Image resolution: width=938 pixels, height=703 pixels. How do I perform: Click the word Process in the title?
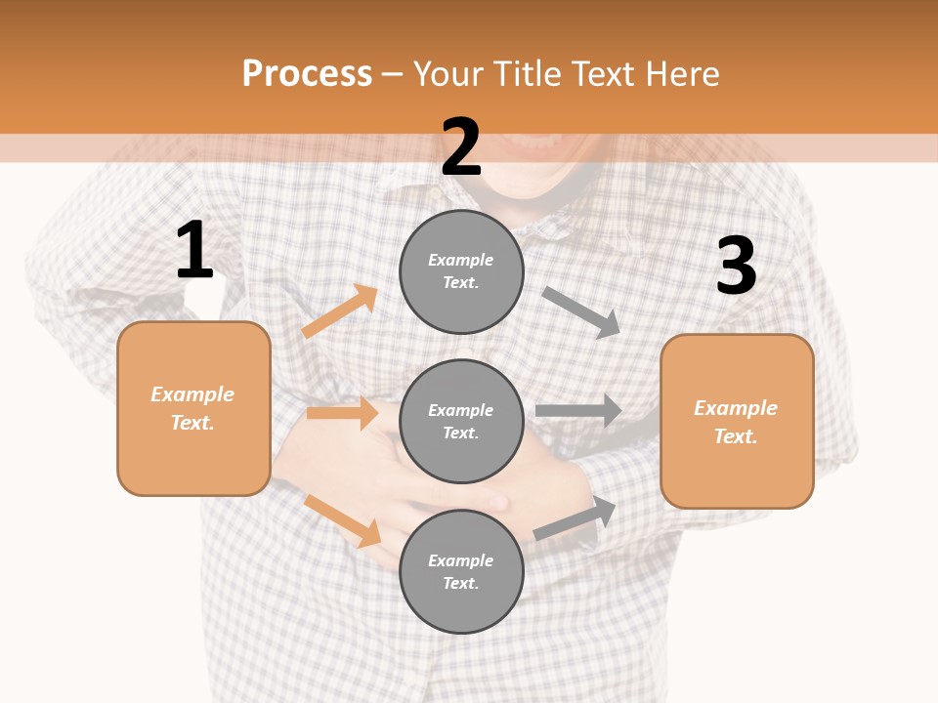tap(307, 73)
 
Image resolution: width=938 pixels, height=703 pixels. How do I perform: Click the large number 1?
tap(194, 251)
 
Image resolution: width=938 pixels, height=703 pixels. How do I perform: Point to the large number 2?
tap(461, 147)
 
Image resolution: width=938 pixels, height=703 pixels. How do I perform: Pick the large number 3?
tap(736, 267)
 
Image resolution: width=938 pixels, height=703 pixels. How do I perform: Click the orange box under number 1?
tap(193, 408)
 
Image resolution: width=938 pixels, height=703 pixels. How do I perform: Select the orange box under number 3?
tap(737, 421)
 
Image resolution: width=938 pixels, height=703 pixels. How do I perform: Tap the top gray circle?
tap(461, 270)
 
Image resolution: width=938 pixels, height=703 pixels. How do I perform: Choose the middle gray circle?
tap(461, 421)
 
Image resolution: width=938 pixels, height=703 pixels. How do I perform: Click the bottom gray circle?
tap(461, 571)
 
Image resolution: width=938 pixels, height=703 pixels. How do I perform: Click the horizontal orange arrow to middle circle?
tap(343, 413)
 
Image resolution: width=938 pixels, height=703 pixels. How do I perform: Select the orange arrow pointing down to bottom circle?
tap(343, 520)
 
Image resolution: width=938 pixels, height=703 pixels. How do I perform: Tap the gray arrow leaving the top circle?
tap(581, 311)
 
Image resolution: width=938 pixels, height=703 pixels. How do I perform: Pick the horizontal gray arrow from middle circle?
tap(578, 411)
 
